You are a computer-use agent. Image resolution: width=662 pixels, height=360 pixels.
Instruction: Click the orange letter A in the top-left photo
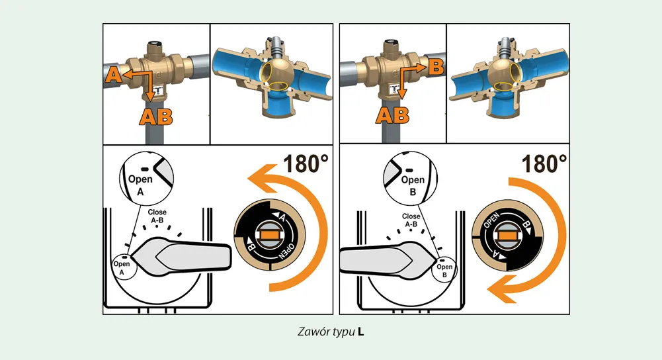[x=113, y=75]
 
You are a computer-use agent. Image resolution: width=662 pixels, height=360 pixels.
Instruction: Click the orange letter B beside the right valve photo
[x=436, y=67]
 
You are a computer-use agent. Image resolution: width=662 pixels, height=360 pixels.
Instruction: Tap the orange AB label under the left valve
[x=156, y=117]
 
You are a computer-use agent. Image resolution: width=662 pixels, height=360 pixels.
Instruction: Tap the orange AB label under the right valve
[x=392, y=115]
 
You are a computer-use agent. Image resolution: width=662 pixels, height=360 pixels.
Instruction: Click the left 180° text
[x=306, y=163]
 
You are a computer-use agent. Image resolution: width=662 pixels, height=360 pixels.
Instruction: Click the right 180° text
[x=544, y=163]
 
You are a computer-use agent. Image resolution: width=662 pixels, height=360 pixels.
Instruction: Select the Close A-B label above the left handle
[x=157, y=216]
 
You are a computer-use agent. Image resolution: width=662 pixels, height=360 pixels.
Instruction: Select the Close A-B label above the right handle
[x=411, y=220]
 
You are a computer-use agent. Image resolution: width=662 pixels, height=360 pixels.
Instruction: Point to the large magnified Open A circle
[x=147, y=178]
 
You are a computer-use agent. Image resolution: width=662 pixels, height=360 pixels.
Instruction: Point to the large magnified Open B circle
[x=411, y=178]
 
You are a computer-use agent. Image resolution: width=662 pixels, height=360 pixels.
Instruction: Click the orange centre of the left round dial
[x=270, y=234]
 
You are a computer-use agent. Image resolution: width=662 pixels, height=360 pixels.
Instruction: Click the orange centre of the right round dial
[x=508, y=236]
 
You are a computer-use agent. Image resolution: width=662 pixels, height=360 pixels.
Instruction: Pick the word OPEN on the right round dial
[x=491, y=221]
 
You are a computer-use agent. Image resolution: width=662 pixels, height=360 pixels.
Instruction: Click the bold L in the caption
[x=360, y=332]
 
